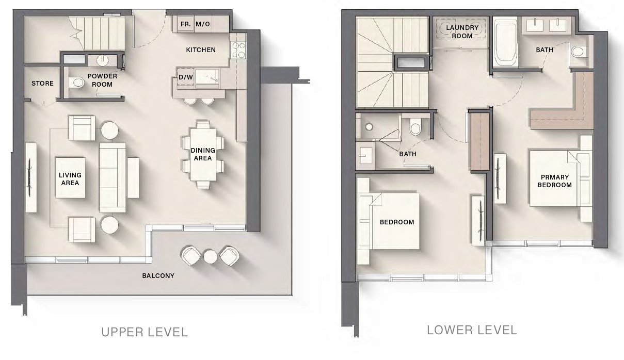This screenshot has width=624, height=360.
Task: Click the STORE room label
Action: pyautogui.click(x=42, y=83)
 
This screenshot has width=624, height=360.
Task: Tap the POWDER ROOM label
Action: pyautogui.click(x=102, y=80)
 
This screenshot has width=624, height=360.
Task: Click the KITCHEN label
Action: pyautogui.click(x=200, y=50)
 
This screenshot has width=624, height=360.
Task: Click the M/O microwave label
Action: pyautogui.click(x=203, y=24)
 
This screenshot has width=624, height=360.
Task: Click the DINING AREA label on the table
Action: pyautogui.click(x=203, y=154)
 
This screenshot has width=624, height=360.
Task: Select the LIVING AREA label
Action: pyautogui.click(x=70, y=178)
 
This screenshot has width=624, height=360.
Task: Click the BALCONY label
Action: pyautogui.click(x=158, y=275)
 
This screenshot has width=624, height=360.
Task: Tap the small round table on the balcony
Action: pyautogui.click(x=210, y=256)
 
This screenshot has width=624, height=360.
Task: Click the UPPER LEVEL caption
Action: pyautogui.click(x=144, y=332)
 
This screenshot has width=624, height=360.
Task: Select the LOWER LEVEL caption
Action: pyautogui.click(x=472, y=330)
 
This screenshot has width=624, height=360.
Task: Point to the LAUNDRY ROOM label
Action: pyautogui.click(x=462, y=31)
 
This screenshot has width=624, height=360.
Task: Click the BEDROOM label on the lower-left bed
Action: pyautogui.click(x=396, y=222)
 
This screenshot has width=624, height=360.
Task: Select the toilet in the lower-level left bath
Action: pyautogui.click(x=415, y=127)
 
